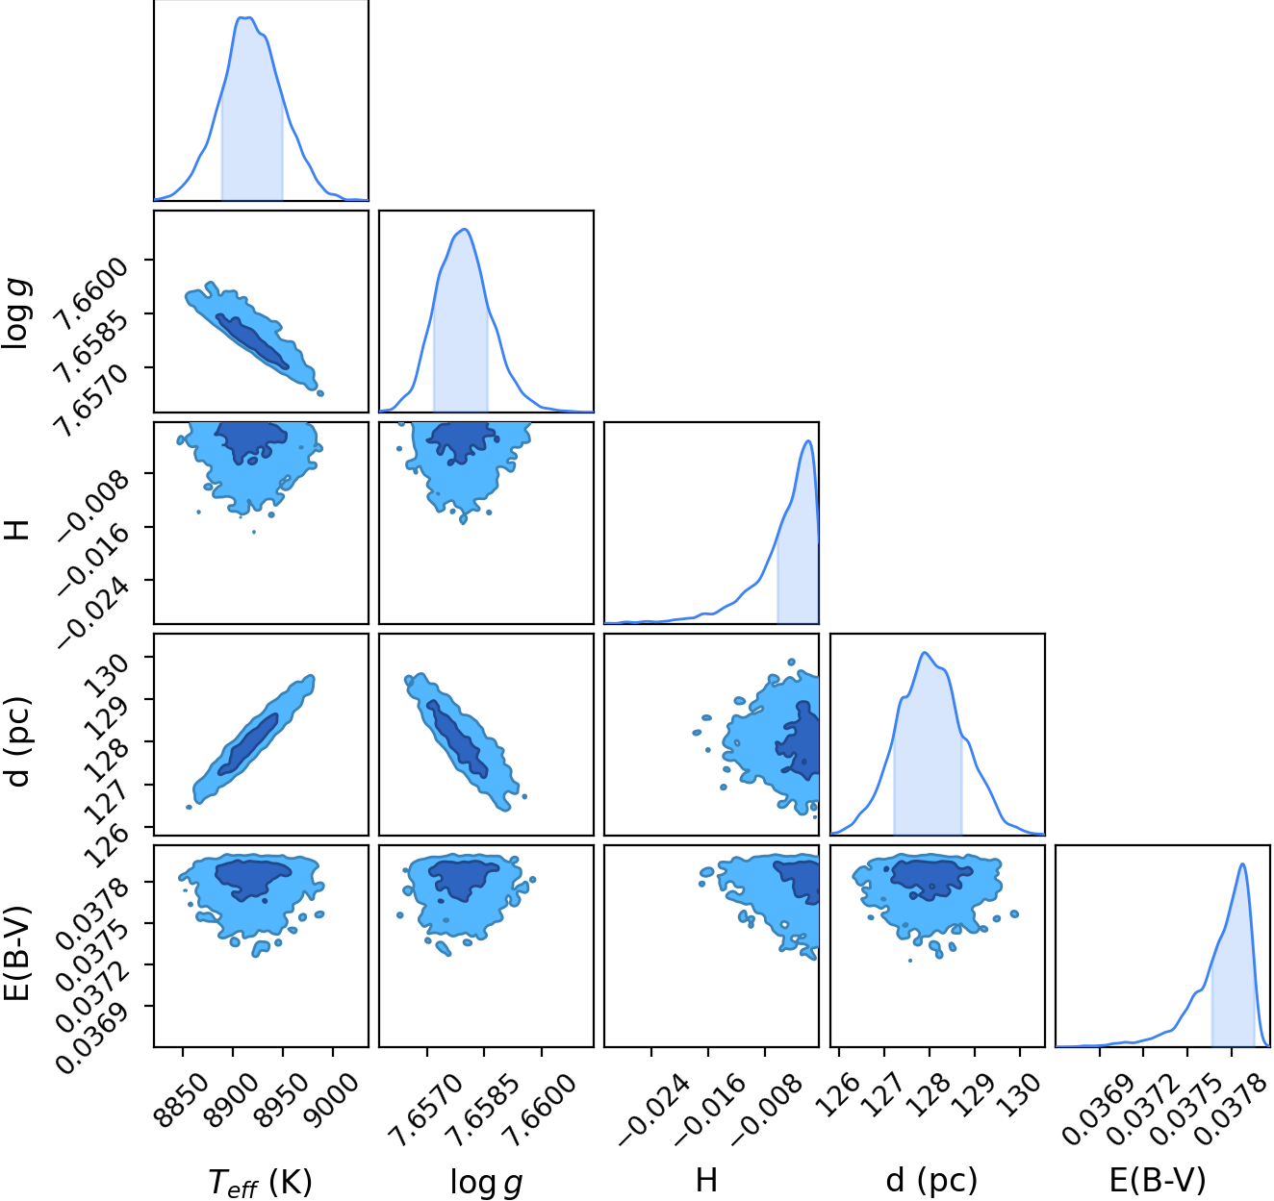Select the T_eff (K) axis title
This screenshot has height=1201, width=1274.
[260, 1179]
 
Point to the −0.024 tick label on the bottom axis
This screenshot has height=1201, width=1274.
[653, 1111]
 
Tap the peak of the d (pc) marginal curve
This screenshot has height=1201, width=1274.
[925, 653]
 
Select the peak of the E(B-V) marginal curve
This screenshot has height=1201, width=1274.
[1242, 863]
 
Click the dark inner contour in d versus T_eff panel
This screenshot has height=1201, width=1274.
[248, 744]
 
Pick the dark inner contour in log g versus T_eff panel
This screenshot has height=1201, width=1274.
[251, 341]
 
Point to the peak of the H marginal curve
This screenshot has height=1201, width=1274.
[809, 440]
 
